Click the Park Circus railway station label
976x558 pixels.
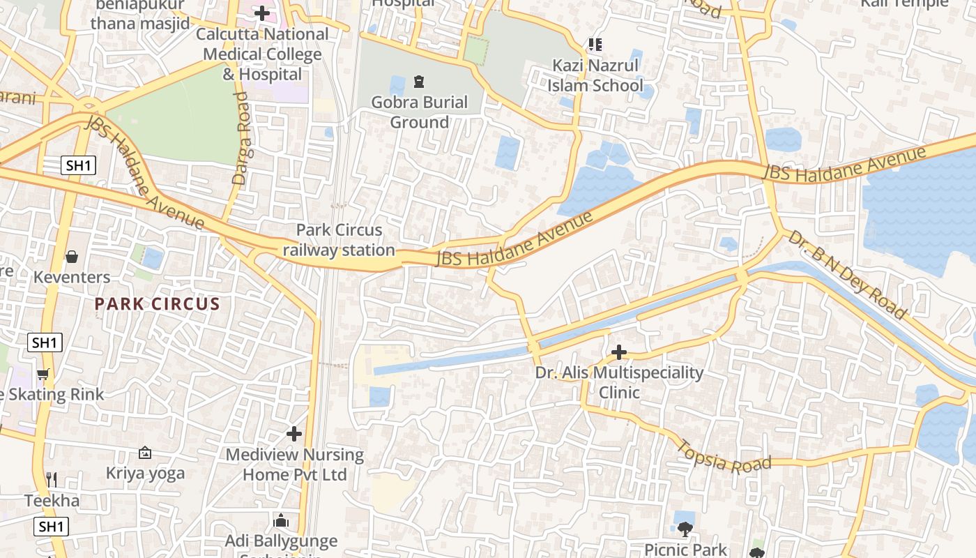click(x=339, y=240)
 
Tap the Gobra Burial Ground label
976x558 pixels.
click(x=419, y=112)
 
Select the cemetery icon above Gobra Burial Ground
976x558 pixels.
click(x=419, y=82)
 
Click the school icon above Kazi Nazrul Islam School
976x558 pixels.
click(x=595, y=45)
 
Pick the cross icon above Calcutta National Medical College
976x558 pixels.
click(x=261, y=13)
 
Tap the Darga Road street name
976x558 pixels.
click(x=241, y=139)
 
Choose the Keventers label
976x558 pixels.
click(x=72, y=278)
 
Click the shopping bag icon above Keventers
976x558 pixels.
click(x=72, y=257)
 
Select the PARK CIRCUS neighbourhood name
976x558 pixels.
click(x=157, y=304)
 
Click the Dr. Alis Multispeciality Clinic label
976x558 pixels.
click(x=619, y=382)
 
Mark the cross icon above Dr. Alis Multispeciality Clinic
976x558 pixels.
click(x=619, y=352)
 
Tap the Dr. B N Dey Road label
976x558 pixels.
click(x=847, y=276)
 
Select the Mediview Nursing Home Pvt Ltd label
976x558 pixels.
click(x=294, y=465)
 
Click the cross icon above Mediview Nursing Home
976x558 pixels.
click(x=294, y=434)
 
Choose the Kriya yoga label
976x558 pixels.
click(x=145, y=474)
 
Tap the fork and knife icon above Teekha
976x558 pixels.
click(x=51, y=480)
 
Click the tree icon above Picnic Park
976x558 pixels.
click(x=685, y=529)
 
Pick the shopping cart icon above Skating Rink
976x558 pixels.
click(x=43, y=375)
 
